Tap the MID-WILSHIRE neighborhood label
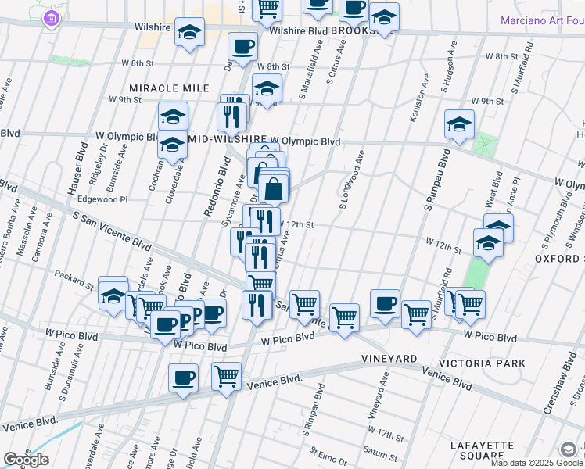(227, 141)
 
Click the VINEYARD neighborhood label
(389, 359)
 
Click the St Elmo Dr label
(327, 452)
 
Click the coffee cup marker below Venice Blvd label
(183, 378)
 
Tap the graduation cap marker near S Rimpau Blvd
(459, 124)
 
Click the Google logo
(26, 460)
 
